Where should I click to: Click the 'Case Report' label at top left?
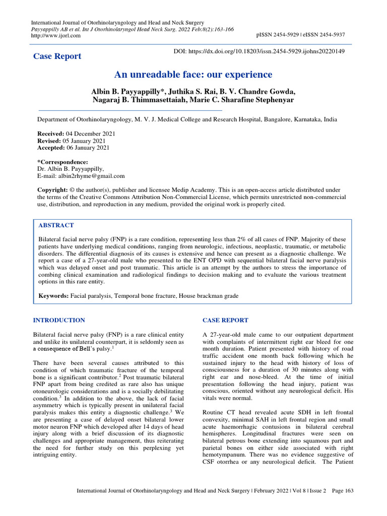[x=57, y=56]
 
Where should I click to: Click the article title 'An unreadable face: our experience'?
[x=193, y=75]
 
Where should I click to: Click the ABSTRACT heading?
[x=56, y=225]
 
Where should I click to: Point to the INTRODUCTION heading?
[x=59, y=320]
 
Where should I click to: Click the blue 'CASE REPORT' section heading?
[x=225, y=320]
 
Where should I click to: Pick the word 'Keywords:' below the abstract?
[x=54, y=295]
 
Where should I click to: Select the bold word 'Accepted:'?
[x=52, y=148]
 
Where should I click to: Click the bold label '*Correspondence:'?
[x=63, y=162]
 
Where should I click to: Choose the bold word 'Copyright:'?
[x=53, y=190]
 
